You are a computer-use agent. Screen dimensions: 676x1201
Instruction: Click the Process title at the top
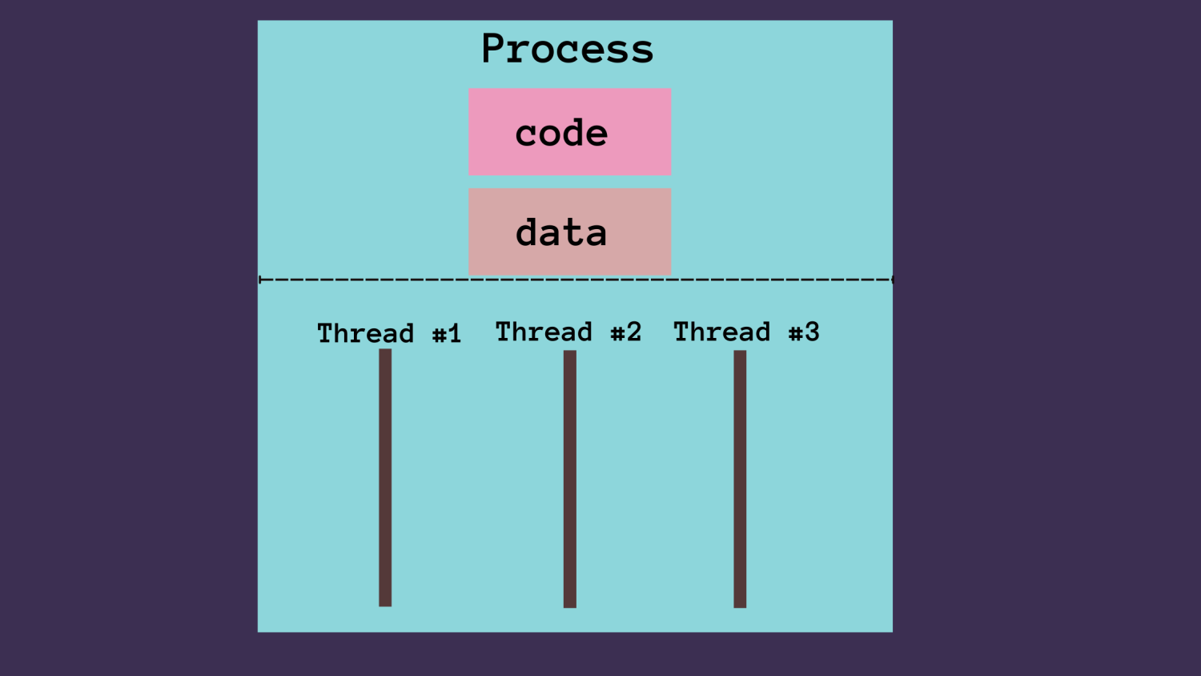[567, 49]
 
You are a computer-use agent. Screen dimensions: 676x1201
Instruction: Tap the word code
[561, 133]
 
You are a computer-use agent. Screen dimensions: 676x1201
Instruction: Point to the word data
[561, 233]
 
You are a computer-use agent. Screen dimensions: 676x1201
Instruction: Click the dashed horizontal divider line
[575, 280]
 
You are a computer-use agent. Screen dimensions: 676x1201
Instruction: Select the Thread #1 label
[389, 333]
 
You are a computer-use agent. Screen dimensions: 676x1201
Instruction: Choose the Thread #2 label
[568, 332]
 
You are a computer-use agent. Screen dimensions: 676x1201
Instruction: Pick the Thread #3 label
[746, 332]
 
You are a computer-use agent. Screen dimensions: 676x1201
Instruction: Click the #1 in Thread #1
[447, 334]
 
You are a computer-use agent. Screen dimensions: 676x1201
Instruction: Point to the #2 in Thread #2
[625, 332]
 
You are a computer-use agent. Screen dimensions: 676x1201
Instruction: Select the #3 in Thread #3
[804, 332]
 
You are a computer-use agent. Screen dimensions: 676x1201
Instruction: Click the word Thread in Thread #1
[365, 333]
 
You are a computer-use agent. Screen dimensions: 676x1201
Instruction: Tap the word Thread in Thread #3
[721, 332]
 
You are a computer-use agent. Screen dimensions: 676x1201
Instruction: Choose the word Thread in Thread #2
[544, 332]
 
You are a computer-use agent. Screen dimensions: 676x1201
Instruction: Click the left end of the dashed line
[261, 280]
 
